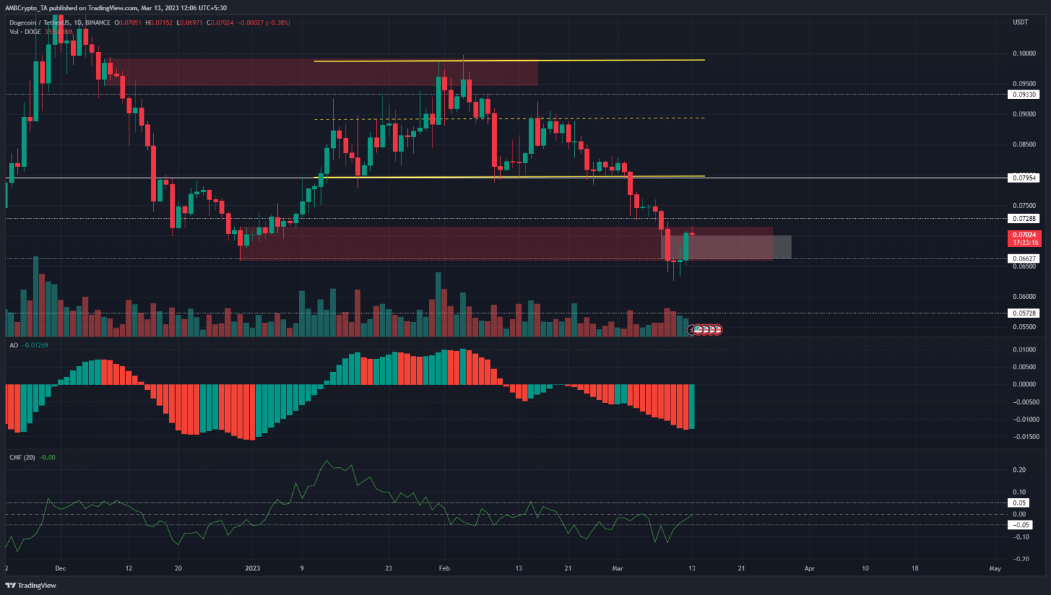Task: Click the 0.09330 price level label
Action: pyautogui.click(x=1024, y=94)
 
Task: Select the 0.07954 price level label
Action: pyautogui.click(x=1024, y=178)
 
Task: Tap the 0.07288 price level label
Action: pyautogui.click(x=1024, y=219)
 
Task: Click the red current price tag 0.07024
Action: pyautogui.click(x=1024, y=235)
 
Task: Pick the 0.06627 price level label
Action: pyautogui.click(x=1024, y=259)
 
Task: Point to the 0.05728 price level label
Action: pyautogui.click(x=1024, y=313)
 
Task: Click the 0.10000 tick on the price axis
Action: pyautogui.click(x=1024, y=53)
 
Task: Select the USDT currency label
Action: pyautogui.click(x=1020, y=23)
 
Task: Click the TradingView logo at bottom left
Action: pyautogui.click(x=31, y=585)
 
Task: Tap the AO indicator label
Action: pyautogui.click(x=14, y=345)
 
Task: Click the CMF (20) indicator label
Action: pyautogui.click(x=22, y=458)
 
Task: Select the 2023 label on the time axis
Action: pyautogui.click(x=252, y=568)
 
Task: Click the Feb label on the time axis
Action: pyautogui.click(x=444, y=568)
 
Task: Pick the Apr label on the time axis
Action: pyautogui.click(x=809, y=568)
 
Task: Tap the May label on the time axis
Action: pyautogui.click(x=995, y=568)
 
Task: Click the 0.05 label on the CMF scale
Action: pyautogui.click(x=1020, y=503)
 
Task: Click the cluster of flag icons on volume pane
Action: pyautogui.click(x=705, y=330)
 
